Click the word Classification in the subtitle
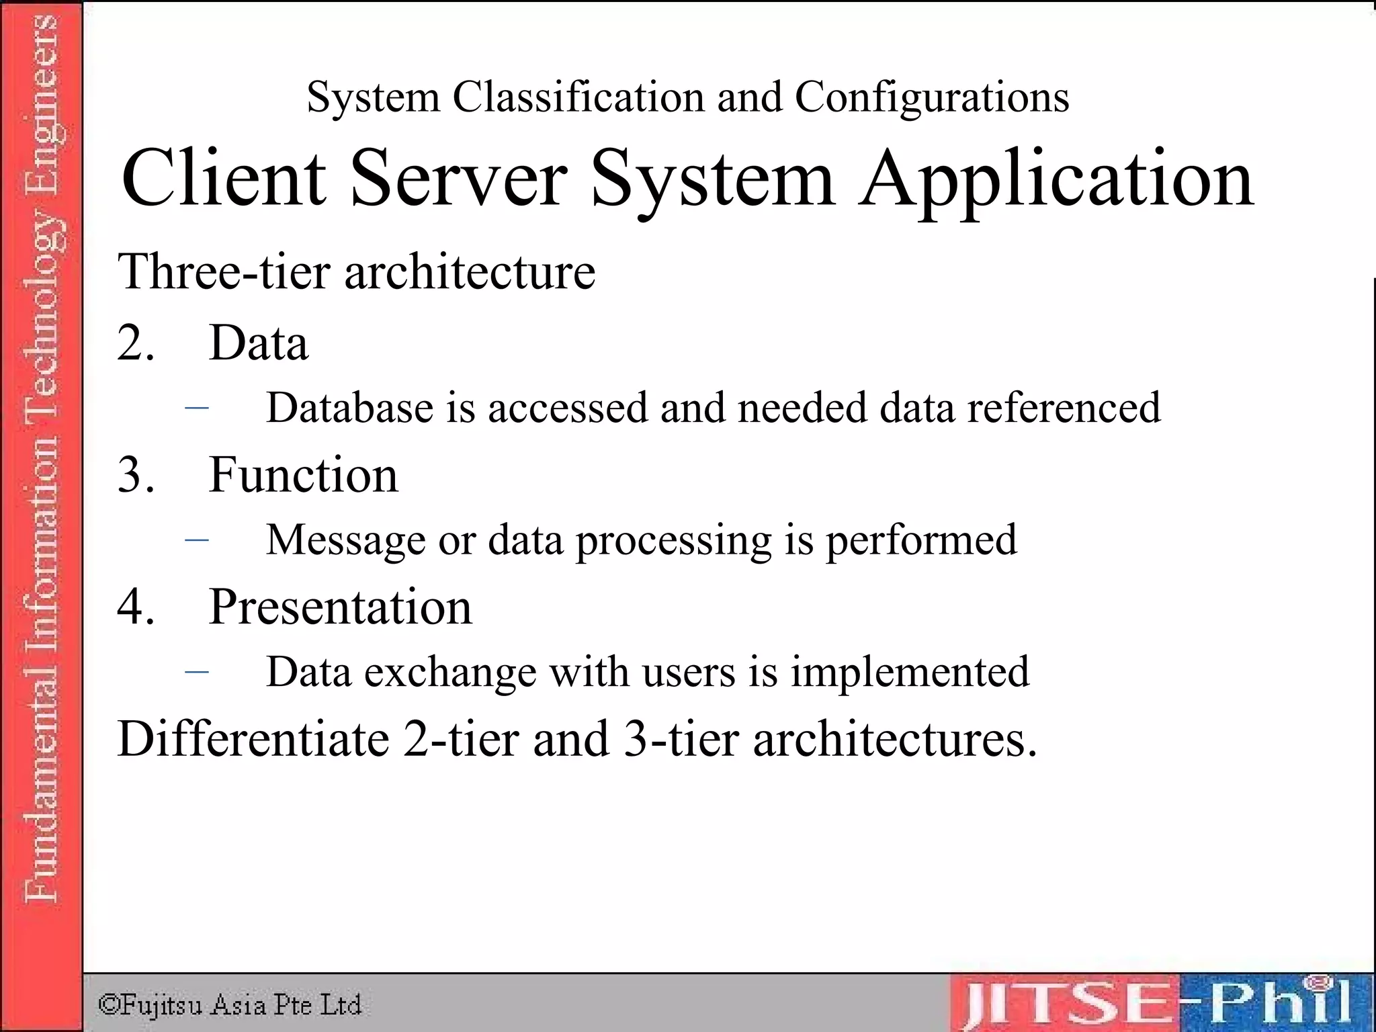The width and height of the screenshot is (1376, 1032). pyautogui.click(x=578, y=97)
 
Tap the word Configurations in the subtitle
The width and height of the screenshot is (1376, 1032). pyautogui.click(x=932, y=97)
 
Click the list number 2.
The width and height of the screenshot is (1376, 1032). pyautogui.click(x=135, y=343)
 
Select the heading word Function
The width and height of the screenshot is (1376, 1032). pyautogui.click(x=303, y=475)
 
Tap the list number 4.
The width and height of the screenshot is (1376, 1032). pyautogui.click(x=135, y=607)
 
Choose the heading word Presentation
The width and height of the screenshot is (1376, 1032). pyautogui.click(x=340, y=607)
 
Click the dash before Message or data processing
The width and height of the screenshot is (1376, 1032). pyautogui.click(x=196, y=539)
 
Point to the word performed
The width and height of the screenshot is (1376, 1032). pyautogui.click(x=921, y=540)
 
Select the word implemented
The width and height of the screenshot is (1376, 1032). pyautogui.click(x=910, y=672)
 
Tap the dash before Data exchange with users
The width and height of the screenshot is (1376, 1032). pyautogui.click(x=196, y=671)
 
